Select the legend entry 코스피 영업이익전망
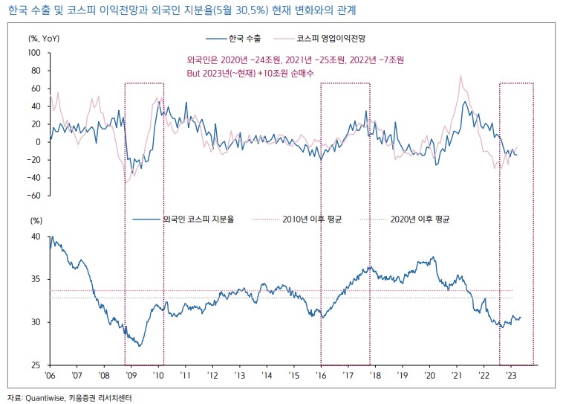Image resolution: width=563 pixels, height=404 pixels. (336, 36)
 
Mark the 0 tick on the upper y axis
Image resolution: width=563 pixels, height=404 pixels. (39, 142)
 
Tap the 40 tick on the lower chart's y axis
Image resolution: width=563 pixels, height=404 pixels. (36, 237)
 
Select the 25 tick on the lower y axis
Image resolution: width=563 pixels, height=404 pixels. (36, 365)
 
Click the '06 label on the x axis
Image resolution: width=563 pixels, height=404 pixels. (50, 376)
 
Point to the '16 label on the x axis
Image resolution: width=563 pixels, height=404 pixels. (321, 376)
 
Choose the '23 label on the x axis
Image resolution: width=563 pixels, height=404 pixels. (511, 376)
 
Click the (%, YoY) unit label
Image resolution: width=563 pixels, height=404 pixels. (44, 37)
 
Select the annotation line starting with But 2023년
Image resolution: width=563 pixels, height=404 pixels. (251, 74)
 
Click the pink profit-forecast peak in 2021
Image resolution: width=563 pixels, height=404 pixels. (461, 76)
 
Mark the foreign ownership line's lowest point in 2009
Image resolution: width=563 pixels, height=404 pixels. (139, 346)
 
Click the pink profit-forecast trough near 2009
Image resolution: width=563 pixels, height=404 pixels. (126, 182)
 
